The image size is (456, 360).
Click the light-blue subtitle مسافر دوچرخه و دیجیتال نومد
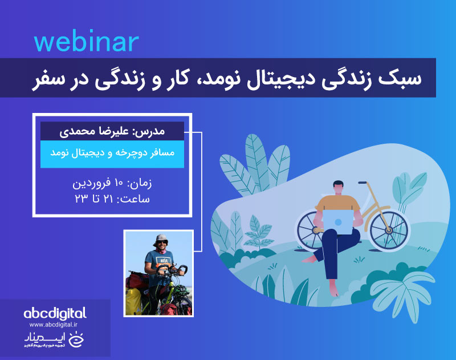[x=112, y=154]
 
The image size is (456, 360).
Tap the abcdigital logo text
[x=55, y=313]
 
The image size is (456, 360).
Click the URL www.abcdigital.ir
[x=55, y=324]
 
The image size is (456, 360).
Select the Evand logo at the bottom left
[x=55, y=341]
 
